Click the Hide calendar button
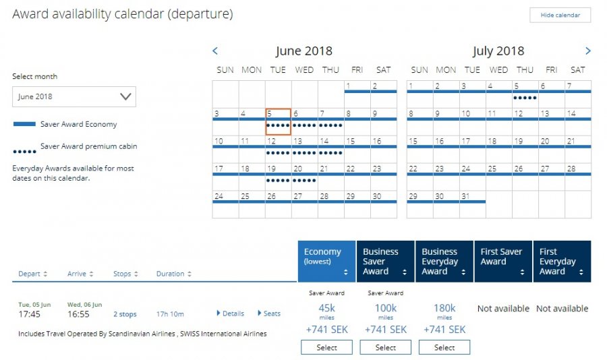(560, 15)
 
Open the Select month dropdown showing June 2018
(74, 96)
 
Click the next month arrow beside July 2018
(588, 51)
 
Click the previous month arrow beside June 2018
(215, 51)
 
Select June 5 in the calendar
(278, 121)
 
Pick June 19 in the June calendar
(278, 177)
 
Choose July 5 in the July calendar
(525, 94)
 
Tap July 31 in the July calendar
(472, 204)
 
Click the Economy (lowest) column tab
(326, 261)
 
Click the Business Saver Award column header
(385, 261)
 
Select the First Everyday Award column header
(562, 261)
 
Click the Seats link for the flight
(269, 313)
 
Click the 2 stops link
(125, 314)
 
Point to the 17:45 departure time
(30, 314)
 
